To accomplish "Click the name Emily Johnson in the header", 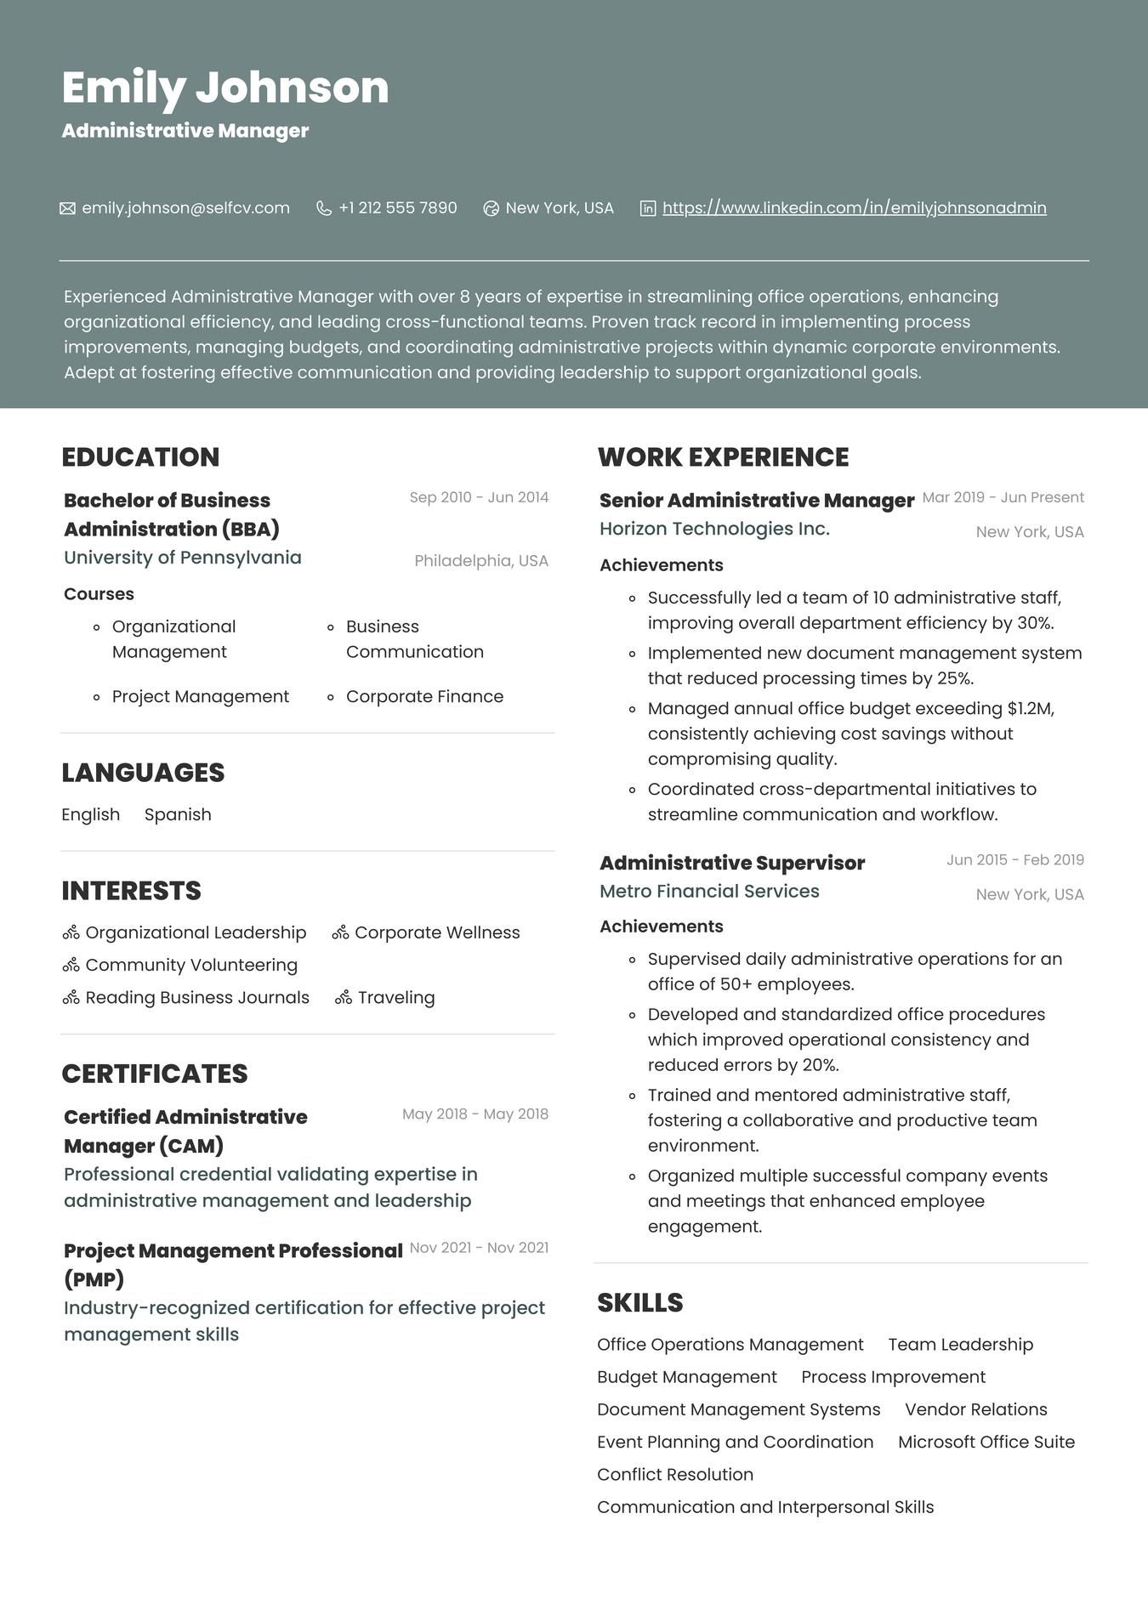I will click(225, 88).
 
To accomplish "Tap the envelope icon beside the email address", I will click(67, 208).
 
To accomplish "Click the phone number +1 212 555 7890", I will click(397, 208).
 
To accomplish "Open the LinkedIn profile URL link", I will click(854, 208).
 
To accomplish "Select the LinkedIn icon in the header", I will click(648, 208).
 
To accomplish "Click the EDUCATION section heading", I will click(140, 457).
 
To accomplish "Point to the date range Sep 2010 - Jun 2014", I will click(479, 497).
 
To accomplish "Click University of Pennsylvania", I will click(183, 558).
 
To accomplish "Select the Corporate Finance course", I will click(424, 696).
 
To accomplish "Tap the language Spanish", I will click(178, 814).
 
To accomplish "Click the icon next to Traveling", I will click(344, 998).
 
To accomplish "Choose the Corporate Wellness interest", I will click(437, 932).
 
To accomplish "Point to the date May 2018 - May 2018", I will click(475, 1114).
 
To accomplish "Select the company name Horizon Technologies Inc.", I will click(714, 529).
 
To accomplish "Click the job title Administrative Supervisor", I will click(732, 863).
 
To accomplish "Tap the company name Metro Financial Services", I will click(709, 891).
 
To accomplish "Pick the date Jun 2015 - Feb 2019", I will click(1015, 859).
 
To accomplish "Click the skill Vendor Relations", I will click(976, 1409).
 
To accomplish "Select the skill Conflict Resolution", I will click(675, 1474).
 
